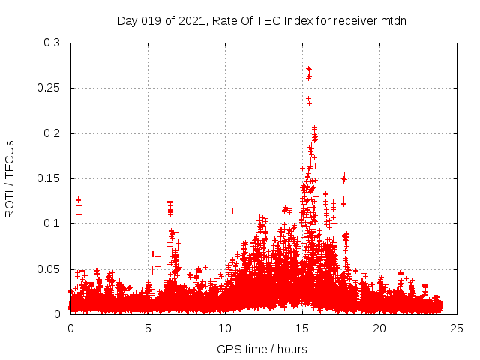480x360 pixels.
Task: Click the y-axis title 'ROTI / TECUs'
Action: coord(10,178)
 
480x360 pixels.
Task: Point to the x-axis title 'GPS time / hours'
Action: coord(262,349)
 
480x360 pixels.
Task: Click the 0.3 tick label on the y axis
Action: coord(52,43)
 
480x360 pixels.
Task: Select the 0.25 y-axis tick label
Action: coord(49,88)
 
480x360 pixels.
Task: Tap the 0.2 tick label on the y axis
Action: coord(52,133)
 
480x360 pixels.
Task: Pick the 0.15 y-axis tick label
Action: coord(49,178)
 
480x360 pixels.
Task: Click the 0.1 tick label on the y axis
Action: coord(52,223)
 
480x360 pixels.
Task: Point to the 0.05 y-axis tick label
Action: coord(49,268)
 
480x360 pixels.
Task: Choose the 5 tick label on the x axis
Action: coord(148,328)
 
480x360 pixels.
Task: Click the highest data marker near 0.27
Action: coord(308,69)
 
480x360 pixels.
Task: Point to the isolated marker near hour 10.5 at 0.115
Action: coord(232,211)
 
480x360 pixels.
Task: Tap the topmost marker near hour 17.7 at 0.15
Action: coord(344,176)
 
